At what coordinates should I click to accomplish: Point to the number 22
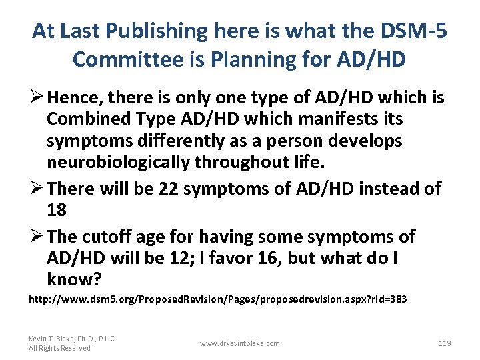(169, 189)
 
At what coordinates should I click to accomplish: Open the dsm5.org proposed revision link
(217, 300)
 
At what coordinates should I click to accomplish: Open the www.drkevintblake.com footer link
(239, 343)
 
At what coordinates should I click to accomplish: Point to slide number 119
(445, 343)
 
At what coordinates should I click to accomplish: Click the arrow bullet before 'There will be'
(35, 189)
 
